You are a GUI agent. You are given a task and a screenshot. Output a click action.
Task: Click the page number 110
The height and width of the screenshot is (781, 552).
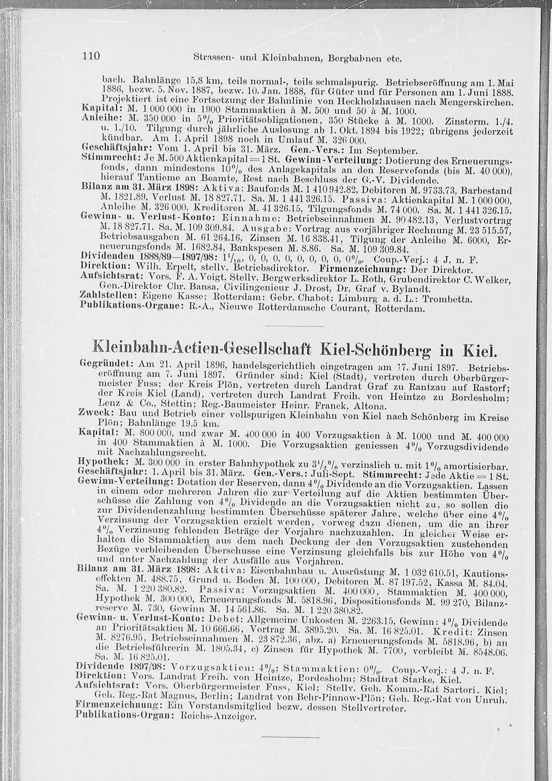[x=90, y=56]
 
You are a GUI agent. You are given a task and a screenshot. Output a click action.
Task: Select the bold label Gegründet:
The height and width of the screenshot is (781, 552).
[x=104, y=365]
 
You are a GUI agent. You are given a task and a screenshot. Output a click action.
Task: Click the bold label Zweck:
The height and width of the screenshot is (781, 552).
[x=94, y=413]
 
